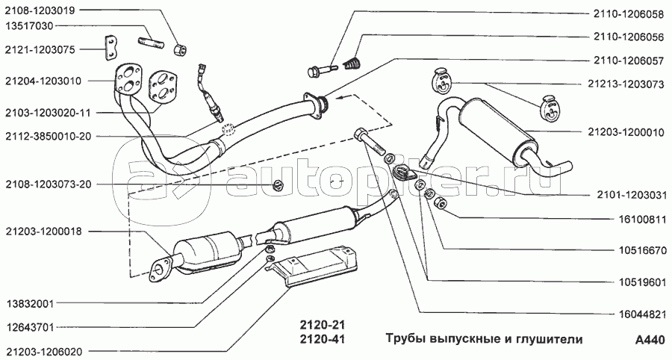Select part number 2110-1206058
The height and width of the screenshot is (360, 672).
tap(629, 13)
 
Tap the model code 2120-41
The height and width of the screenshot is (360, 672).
tap(319, 341)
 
